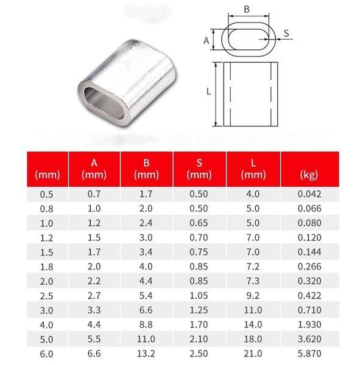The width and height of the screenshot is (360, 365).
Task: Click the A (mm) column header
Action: pyautogui.click(x=94, y=169)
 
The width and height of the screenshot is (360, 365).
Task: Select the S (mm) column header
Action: pyautogui.click(x=199, y=169)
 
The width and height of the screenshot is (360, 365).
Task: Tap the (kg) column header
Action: pyautogui.click(x=309, y=175)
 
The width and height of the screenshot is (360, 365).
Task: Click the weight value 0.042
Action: pyautogui.click(x=309, y=194)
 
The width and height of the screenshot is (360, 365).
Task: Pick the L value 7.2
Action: pyautogui.click(x=253, y=266)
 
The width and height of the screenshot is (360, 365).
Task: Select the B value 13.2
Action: pyautogui.click(x=146, y=353)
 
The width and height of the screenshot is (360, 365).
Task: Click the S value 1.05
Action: pyautogui.click(x=199, y=296)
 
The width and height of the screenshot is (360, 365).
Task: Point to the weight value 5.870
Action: pyautogui.click(x=309, y=353)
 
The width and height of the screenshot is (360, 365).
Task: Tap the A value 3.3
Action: pyautogui.click(x=94, y=310)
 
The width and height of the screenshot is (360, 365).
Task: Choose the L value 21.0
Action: pyautogui.click(x=253, y=353)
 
